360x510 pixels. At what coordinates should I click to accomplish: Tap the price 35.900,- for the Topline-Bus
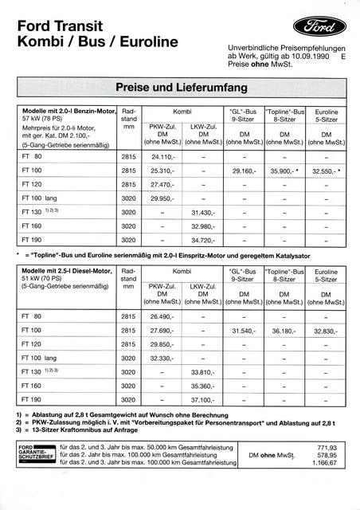click(284, 171)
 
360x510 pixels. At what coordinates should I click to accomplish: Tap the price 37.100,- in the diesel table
click(204, 398)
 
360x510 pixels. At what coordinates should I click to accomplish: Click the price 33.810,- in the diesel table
click(204, 371)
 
